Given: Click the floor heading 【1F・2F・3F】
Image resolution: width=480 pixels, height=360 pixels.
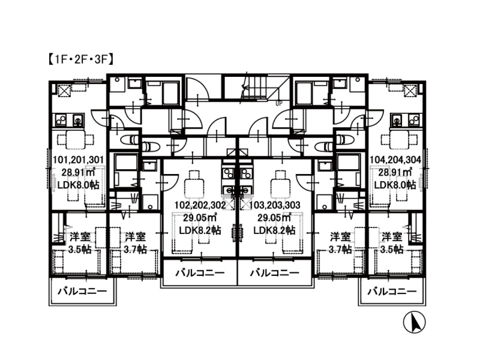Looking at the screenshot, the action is click(x=80, y=59).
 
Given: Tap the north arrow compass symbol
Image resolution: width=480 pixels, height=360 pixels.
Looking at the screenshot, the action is click(x=414, y=322).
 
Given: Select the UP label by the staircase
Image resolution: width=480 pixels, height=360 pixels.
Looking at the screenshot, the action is click(x=279, y=103).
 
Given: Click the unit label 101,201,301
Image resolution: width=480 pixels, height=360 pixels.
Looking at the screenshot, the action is click(x=79, y=160).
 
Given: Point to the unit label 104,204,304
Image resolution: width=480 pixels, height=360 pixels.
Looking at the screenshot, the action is click(x=395, y=160).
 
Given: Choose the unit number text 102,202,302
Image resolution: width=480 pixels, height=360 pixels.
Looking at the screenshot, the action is click(x=200, y=205).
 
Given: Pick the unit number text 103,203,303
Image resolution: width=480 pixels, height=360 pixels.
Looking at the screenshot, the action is click(x=275, y=205).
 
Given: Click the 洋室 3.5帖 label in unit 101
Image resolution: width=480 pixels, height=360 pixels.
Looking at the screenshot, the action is click(x=80, y=243).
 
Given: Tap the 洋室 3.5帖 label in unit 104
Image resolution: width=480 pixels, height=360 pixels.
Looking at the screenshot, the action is click(x=392, y=243).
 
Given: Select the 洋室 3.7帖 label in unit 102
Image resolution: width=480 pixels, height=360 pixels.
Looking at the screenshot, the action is click(x=135, y=243).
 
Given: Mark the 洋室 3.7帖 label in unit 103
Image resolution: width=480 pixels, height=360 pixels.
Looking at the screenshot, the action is click(x=340, y=243).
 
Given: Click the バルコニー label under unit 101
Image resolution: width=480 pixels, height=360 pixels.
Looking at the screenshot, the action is click(x=82, y=290).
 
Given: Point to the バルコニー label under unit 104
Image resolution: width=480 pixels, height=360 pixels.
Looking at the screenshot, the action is click(x=392, y=290).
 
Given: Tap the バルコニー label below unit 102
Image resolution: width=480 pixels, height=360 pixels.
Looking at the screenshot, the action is click(x=200, y=272).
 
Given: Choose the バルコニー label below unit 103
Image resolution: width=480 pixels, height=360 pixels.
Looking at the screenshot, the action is click(x=275, y=272).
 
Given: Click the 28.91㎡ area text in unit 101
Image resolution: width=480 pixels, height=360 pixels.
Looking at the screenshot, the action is click(x=79, y=172).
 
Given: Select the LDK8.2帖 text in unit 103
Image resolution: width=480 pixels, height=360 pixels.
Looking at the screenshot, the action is click(x=274, y=230).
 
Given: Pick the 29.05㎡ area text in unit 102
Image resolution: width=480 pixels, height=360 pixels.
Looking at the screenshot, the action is click(x=200, y=218).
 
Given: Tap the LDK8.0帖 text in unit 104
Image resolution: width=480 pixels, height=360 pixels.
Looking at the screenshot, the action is click(x=395, y=185).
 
